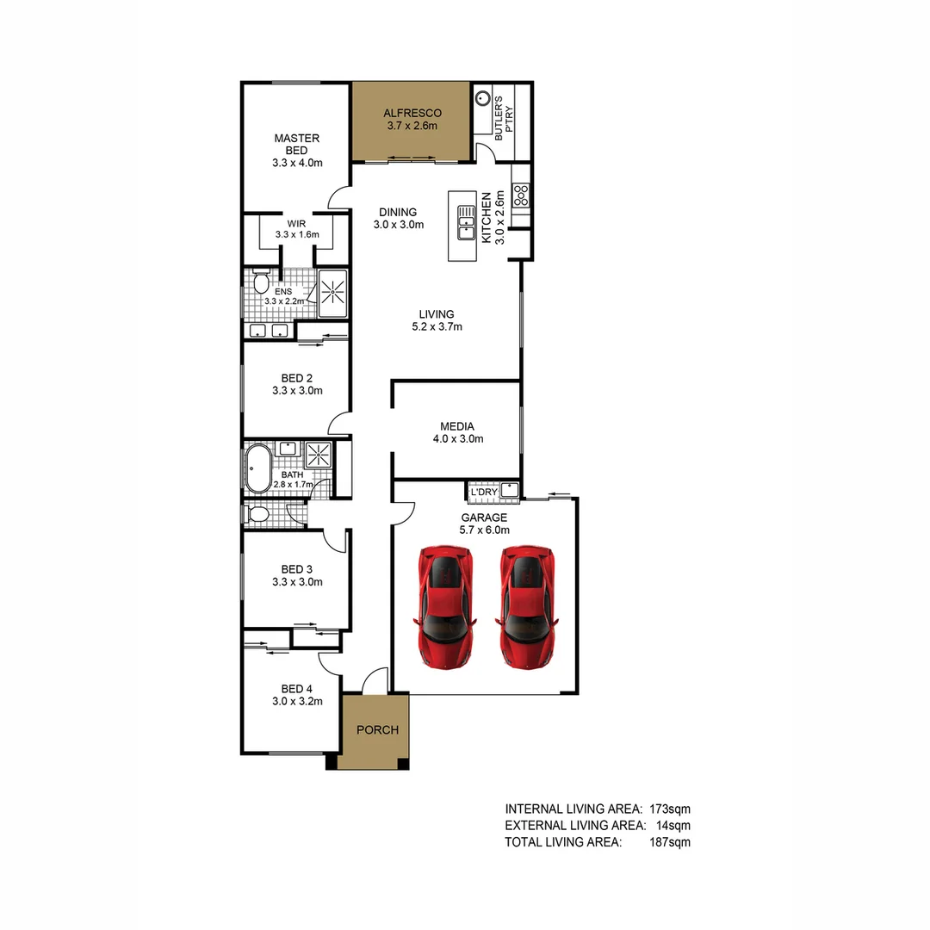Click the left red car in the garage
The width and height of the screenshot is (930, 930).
tap(444, 606)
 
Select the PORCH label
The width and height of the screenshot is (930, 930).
tap(377, 730)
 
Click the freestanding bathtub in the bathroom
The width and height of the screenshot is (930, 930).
tap(257, 469)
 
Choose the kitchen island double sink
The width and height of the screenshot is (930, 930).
tap(466, 221)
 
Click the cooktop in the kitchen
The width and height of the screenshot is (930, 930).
tap(521, 195)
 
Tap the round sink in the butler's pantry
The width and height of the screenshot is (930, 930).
tap(484, 99)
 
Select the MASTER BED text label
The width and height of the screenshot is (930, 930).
tap(297, 144)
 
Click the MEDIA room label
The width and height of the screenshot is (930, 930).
tap(457, 425)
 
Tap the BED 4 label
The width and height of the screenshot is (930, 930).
tap(297, 689)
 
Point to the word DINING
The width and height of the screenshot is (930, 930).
tap(398, 212)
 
